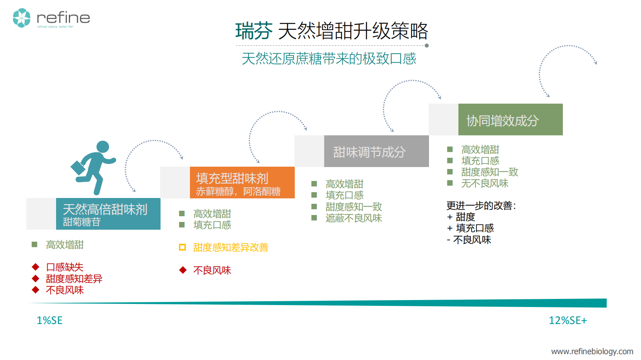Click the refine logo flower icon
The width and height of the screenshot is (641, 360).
22,18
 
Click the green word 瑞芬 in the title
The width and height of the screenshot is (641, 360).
254,31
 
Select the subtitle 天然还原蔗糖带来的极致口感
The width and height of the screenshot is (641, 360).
328,59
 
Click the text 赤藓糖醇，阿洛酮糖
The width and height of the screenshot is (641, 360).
238,191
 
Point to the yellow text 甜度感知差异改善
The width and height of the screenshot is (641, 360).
231,247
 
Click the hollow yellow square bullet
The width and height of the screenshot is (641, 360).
183,247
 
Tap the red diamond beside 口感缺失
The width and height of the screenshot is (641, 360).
36,267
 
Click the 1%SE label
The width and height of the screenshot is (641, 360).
50,321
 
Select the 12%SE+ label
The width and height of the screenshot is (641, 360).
567,321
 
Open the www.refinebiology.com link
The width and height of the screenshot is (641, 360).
592,351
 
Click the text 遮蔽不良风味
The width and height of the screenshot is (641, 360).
354,218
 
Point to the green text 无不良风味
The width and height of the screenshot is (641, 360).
484,184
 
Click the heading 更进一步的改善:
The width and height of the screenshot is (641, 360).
481,206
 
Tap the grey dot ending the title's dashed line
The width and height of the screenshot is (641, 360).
427,46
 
